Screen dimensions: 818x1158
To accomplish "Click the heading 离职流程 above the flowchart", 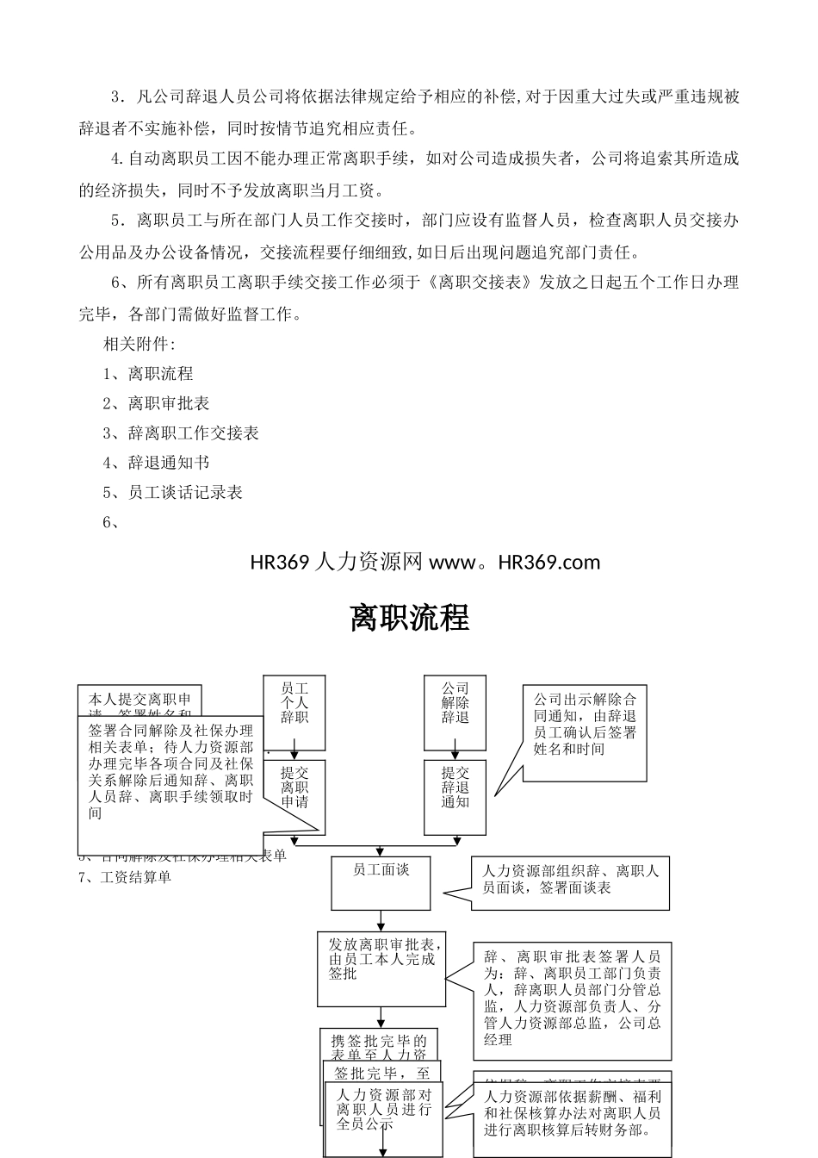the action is pyautogui.click(x=409, y=618).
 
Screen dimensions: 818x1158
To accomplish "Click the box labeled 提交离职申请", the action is pyautogui.click(x=294, y=788).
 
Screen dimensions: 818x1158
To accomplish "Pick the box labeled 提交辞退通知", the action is pyautogui.click(x=455, y=788).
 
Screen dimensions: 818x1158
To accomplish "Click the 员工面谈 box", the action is pyautogui.click(x=381, y=882).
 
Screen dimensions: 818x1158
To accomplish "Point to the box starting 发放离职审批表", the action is pyautogui.click(x=381, y=968).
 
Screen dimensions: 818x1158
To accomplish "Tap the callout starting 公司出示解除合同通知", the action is pyautogui.click(x=585, y=732).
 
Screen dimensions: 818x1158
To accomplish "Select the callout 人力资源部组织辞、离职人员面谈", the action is pyautogui.click(x=570, y=882).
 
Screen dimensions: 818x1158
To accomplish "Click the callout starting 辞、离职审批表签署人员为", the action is pyautogui.click(x=572, y=999).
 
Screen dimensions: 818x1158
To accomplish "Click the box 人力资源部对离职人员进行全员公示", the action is pyautogui.click(x=384, y=1111).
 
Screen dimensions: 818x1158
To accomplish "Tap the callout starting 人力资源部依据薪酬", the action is pyautogui.click(x=572, y=1116).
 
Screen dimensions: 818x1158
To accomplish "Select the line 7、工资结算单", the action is pyautogui.click(x=126, y=877).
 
